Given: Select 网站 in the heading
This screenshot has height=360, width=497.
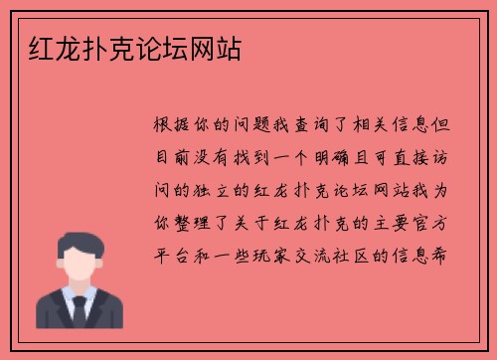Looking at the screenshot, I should point(227,47).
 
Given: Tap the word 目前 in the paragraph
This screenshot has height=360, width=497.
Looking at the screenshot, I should point(175,155).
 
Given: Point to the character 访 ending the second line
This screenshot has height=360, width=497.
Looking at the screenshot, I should point(445,155).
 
